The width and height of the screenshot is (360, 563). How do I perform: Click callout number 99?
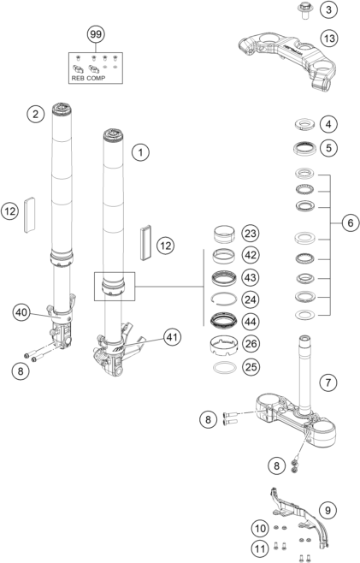[96, 34]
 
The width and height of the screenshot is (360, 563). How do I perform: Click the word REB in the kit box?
[78, 78]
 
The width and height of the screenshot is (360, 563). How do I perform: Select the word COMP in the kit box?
[96, 78]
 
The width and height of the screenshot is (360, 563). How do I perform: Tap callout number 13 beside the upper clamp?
[329, 38]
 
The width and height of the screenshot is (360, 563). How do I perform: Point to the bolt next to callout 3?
[305, 9]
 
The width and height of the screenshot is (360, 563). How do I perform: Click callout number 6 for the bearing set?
[350, 223]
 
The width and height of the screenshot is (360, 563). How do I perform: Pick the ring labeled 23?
[224, 234]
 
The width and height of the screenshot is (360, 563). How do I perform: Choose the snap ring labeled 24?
[224, 299]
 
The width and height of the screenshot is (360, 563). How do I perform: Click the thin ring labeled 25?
[225, 367]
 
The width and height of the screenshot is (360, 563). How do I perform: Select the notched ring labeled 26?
[224, 345]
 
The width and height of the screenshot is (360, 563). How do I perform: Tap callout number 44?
[251, 322]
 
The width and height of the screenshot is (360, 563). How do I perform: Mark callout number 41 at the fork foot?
[173, 337]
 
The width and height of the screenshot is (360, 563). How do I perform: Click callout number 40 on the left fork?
[21, 312]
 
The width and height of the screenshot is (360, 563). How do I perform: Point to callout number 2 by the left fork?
[35, 114]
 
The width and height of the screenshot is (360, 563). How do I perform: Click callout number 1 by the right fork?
[140, 152]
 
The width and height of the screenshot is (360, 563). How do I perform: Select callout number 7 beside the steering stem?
[328, 382]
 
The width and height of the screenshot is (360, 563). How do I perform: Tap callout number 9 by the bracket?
[328, 510]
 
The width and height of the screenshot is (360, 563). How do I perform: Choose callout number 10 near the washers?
[260, 528]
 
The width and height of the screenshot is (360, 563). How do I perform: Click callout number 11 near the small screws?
[260, 548]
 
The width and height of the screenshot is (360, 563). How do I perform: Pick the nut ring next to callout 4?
[304, 124]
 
